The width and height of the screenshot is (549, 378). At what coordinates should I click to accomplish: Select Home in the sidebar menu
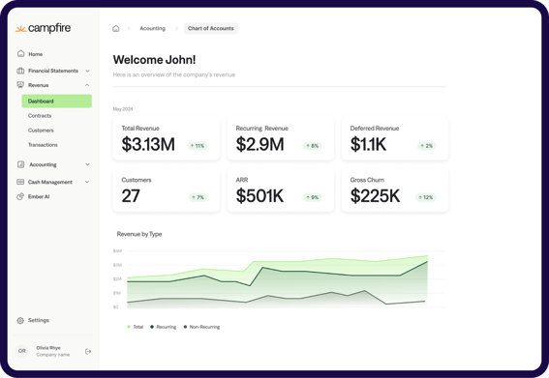tap(35, 54)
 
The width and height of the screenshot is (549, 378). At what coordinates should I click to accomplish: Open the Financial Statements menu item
tap(53, 71)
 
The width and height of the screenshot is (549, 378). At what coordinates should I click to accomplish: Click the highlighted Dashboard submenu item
tap(41, 102)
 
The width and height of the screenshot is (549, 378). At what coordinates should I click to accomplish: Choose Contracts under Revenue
tap(40, 116)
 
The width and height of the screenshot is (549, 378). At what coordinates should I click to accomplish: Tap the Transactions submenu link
tap(43, 145)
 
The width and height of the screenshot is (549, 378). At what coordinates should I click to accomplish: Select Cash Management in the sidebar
tap(49, 182)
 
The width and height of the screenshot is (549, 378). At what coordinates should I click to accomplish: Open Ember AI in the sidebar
tap(38, 196)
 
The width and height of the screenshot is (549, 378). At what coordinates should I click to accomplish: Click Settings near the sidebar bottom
tap(38, 320)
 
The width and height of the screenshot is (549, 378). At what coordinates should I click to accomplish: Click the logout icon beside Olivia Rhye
tap(88, 351)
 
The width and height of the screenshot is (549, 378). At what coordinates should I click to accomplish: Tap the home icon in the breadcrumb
tap(116, 29)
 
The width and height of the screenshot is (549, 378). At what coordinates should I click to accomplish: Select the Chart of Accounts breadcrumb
tap(210, 29)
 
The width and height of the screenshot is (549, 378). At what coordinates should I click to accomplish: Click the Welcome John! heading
tap(154, 60)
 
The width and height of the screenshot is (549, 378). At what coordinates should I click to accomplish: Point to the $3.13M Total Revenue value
tap(148, 145)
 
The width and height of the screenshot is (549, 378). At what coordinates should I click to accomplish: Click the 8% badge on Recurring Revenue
tap(312, 146)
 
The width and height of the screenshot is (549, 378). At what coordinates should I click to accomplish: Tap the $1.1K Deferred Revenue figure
tap(369, 145)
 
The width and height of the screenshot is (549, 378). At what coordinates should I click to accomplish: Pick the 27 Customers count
tap(131, 196)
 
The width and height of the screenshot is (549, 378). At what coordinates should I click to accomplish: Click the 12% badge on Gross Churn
tap(426, 197)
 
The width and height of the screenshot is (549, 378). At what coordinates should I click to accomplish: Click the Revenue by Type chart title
tap(139, 234)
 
